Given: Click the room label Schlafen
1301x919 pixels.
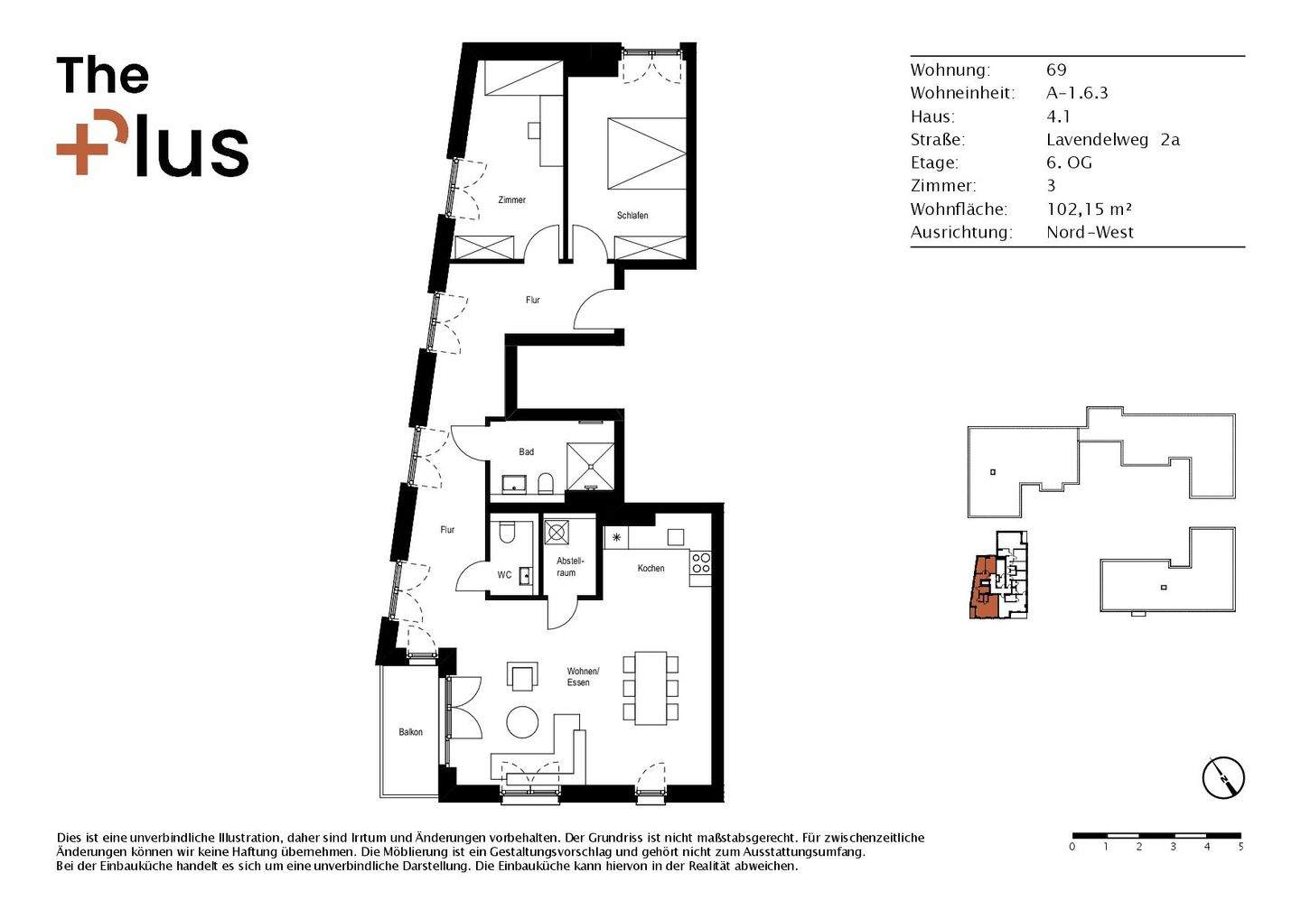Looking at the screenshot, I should (632, 216).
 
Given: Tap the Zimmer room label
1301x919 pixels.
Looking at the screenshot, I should (511, 200).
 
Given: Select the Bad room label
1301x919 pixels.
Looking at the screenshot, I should (526, 452).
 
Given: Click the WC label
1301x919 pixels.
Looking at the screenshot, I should (504, 575).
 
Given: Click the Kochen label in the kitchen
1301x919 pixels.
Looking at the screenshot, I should (650, 569).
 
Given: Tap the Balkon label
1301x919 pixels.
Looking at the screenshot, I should (410, 732).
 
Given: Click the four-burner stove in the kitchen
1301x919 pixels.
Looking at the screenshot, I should (701, 563).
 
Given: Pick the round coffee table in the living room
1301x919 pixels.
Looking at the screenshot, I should (522, 722).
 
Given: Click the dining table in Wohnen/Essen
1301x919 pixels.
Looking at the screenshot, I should (650, 688).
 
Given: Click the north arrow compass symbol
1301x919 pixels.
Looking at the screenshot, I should (1223, 777).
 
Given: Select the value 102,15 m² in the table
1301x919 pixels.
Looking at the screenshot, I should (1089, 209).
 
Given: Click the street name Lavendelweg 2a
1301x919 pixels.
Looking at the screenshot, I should (1112, 140).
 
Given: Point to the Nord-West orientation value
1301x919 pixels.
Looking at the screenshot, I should (1090, 233).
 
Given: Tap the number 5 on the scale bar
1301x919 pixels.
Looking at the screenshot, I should (1240, 847).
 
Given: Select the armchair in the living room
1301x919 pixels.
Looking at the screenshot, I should (522, 676).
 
